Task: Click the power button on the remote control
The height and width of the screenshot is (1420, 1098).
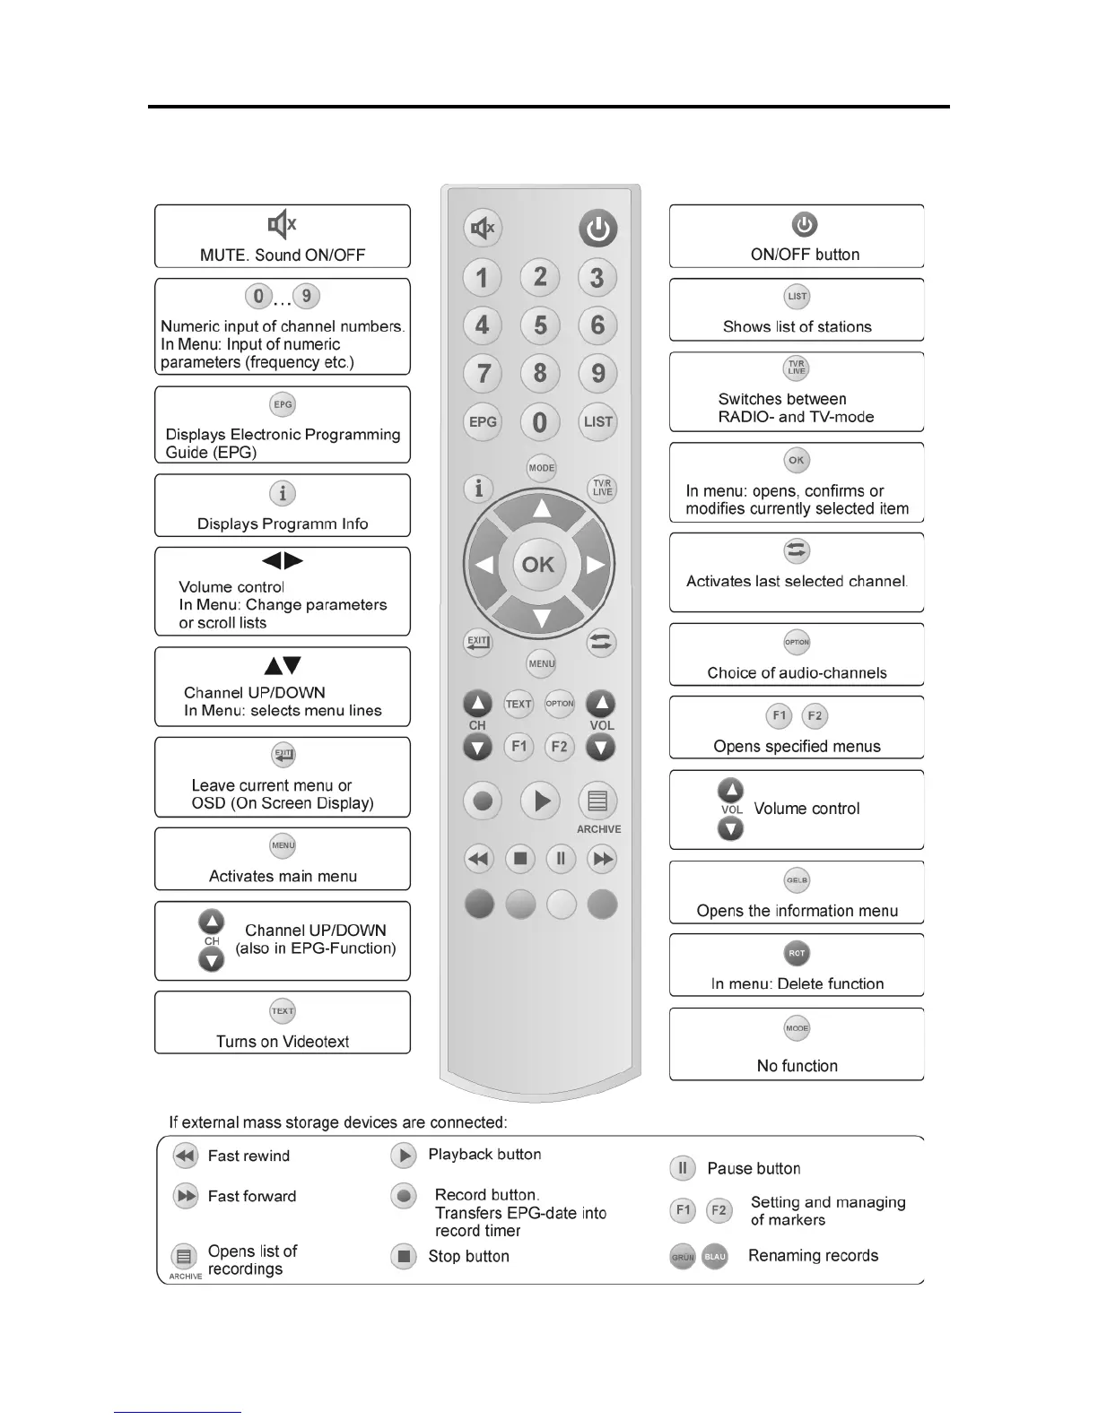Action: [x=597, y=229]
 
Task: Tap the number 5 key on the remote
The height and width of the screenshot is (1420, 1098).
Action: [x=540, y=325]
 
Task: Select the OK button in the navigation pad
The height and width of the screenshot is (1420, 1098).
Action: [x=538, y=564]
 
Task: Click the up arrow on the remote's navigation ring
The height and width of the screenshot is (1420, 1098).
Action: [x=541, y=509]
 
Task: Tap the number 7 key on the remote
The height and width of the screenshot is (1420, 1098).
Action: [x=483, y=373]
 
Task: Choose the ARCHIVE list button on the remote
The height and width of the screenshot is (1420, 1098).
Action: [x=598, y=801]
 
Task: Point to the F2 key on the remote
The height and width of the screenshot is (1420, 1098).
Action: [x=559, y=747]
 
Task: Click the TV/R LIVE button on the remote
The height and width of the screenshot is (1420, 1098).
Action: [x=602, y=488]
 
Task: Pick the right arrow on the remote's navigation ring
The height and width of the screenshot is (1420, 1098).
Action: [x=594, y=565]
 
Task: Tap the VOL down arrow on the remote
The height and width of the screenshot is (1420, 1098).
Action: [x=600, y=747]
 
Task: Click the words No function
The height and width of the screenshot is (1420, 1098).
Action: [x=797, y=1066]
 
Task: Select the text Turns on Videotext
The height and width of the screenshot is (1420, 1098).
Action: [x=283, y=1042]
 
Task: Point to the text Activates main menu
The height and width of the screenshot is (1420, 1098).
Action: [x=283, y=877]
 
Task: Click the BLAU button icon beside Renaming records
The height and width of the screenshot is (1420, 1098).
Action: [x=715, y=1257]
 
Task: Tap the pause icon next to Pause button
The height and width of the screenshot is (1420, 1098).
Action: [x=683, y=1168]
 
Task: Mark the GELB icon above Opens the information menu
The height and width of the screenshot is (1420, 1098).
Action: [x=797, y=880]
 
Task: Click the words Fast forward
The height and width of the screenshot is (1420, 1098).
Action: [x=251, y=1196]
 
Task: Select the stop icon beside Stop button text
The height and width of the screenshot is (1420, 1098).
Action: [x=405, y=1256]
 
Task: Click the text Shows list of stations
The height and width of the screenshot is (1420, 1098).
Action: [x=797, y=327]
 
